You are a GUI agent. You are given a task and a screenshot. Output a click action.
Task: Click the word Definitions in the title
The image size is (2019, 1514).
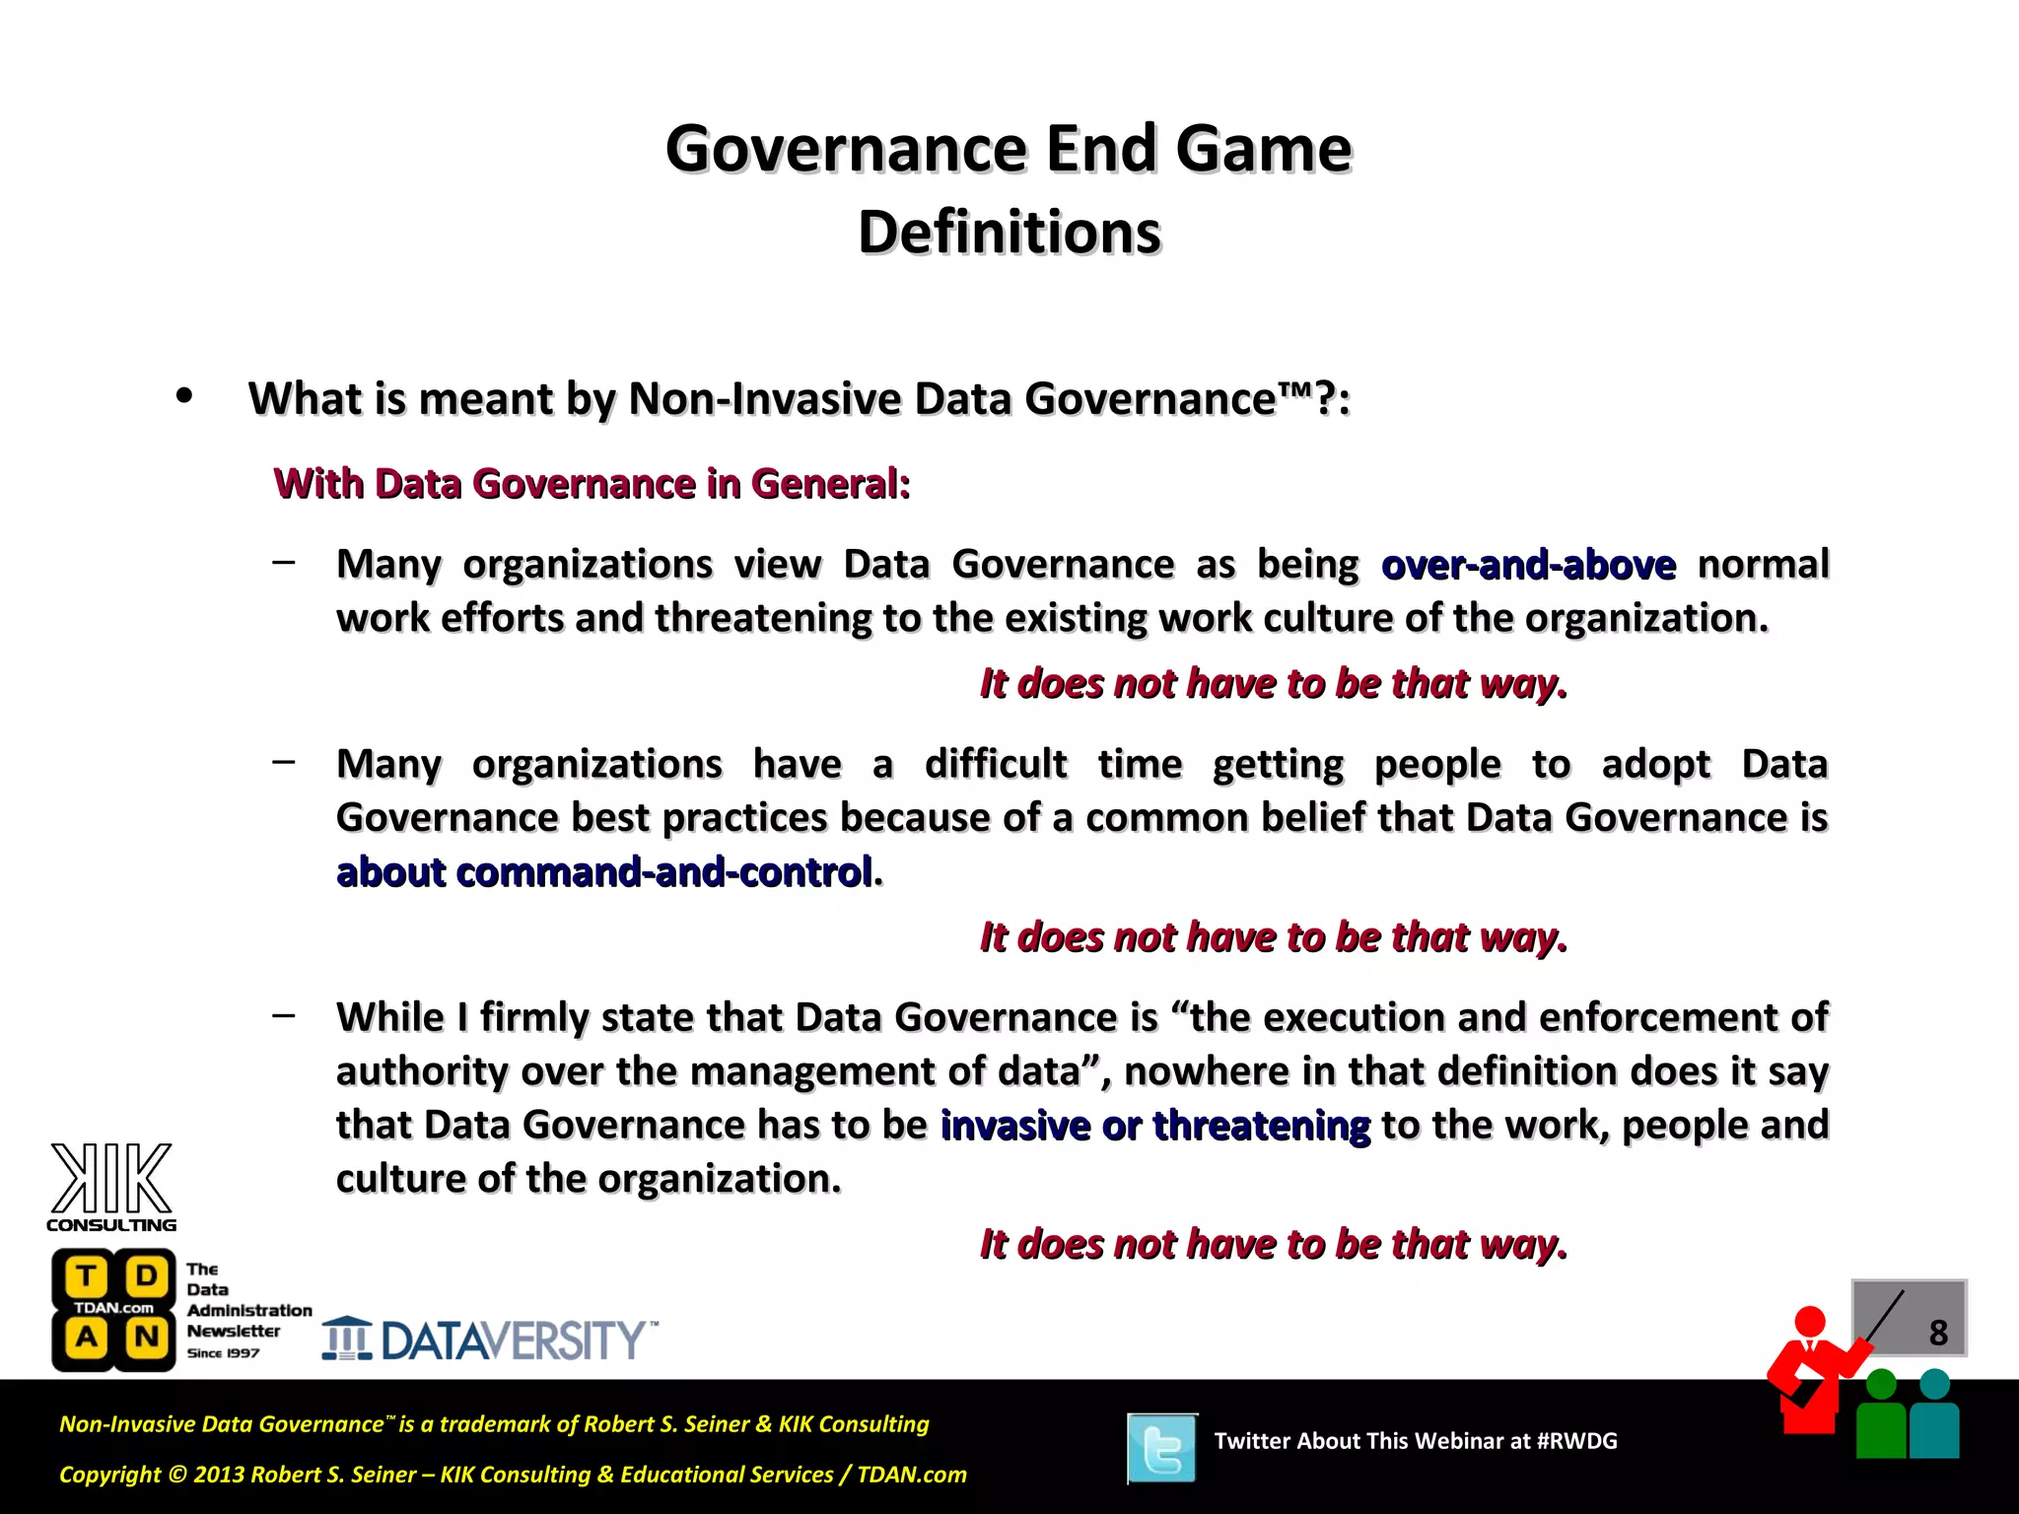[1009, 233]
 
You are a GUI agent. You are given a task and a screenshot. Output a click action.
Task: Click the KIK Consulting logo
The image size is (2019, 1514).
[111, 1187]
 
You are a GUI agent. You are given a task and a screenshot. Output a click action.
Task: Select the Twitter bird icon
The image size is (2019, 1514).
[1162, 1448]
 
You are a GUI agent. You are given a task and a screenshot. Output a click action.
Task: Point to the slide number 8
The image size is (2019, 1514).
[1937, 1333]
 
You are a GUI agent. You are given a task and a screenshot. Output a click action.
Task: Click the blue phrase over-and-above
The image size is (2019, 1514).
[1528, 565]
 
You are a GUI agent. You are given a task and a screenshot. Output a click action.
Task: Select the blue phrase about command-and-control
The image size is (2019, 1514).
[604, 872]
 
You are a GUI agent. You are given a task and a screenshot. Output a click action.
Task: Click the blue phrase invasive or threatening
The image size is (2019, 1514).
[1155, 1125]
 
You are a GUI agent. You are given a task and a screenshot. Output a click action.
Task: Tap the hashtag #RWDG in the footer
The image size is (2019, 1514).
[1576, 1441]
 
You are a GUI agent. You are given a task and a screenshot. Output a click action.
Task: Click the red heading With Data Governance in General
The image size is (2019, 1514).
[592, 484]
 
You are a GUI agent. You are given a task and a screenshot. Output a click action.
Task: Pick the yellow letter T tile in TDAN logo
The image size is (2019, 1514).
[87, 1276]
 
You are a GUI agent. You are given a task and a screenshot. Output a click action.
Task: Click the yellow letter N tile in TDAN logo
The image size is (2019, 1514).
[147, 1338]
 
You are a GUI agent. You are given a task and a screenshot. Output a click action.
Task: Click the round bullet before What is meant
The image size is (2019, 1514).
[183, 396]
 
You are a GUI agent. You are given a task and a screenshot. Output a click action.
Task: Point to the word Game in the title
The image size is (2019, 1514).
[1264, 149]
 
